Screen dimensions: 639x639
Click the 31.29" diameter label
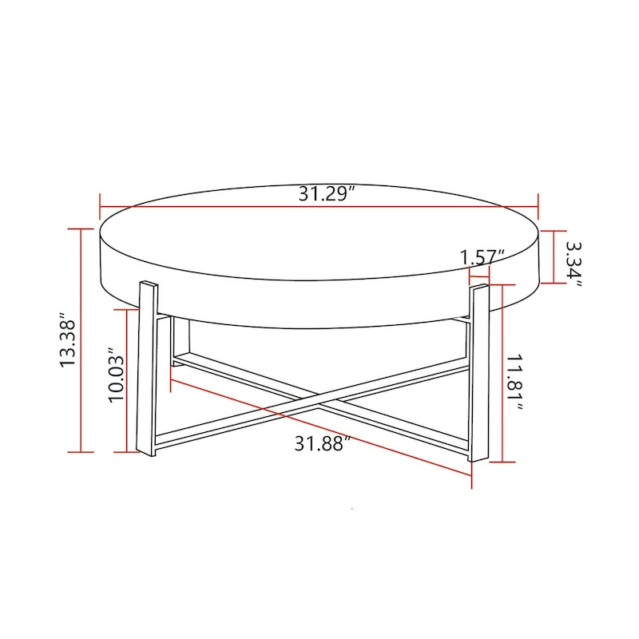(327, 194)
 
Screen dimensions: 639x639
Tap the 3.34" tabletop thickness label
(574, 260)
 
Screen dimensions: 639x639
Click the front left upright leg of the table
(147, 367)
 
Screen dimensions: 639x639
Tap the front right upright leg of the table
(478, 371)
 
